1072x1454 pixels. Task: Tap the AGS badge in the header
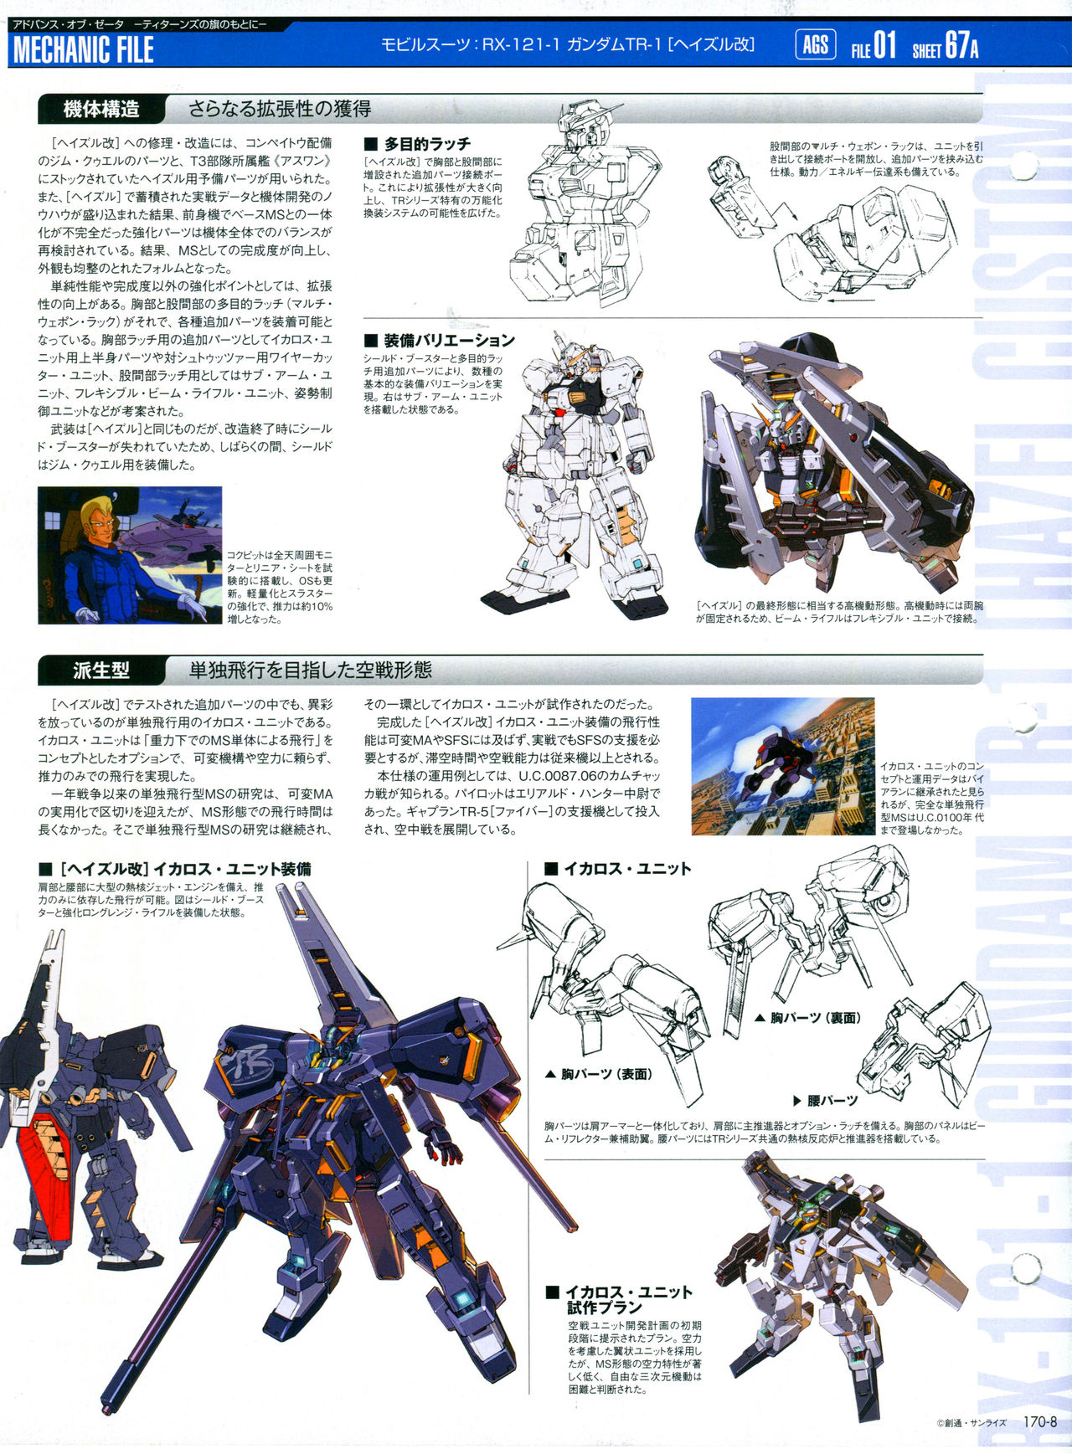(815, 44)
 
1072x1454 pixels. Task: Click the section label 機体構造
(101, 109)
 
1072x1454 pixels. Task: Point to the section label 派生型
(101, 670)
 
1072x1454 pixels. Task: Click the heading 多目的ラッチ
(418, 144)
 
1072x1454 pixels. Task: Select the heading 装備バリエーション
(440, 341)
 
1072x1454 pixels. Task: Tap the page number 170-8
(1041, 1422)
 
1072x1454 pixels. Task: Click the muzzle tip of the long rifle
(106, 1403)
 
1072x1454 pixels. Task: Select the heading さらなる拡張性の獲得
(280, 109)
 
